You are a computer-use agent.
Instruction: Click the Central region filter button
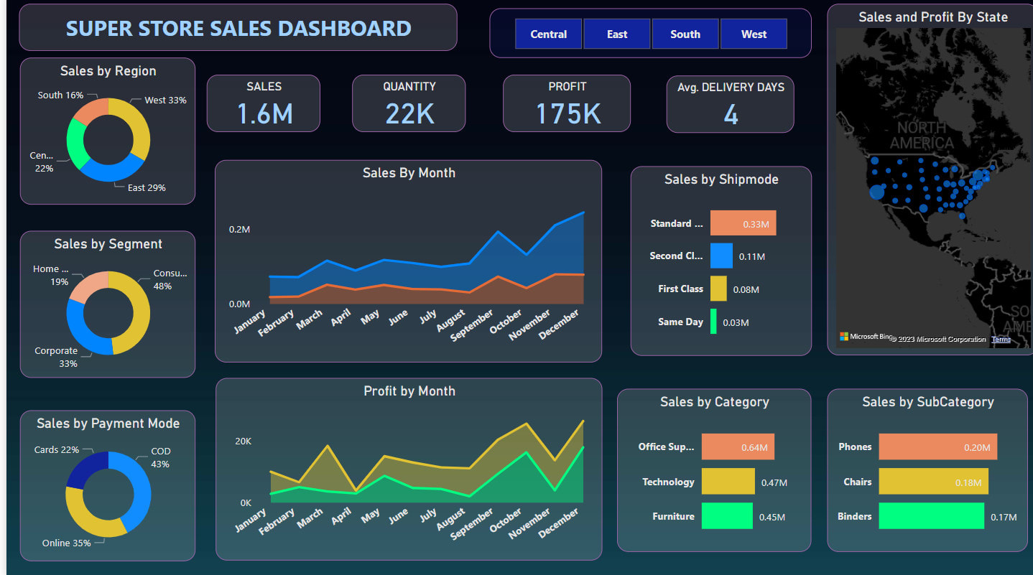[548, 34]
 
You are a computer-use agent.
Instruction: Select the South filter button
[685, 34]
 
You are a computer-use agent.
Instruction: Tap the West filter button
[754, 34]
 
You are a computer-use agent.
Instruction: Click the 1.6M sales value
[264, 113]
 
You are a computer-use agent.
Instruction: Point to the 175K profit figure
[568, 113]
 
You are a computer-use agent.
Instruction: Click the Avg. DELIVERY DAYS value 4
[731, 115]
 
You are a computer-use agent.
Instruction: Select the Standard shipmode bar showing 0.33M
[743, 223]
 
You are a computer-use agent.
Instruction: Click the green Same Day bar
[713, 322]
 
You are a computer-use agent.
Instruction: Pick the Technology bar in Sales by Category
[728, 482]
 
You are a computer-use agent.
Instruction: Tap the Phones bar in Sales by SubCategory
[937, 447]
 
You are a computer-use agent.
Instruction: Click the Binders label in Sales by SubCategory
[854, 516]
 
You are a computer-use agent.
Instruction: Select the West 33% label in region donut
[165, 100]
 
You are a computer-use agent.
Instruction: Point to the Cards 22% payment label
[57, 450]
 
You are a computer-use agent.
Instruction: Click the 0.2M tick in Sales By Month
[239, 230]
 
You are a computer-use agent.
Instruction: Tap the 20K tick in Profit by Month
[243, 441]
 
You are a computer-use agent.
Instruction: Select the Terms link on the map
[1001, 339]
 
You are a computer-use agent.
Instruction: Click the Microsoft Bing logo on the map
[866, 337]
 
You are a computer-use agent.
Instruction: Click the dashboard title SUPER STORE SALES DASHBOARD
[238, 29]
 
